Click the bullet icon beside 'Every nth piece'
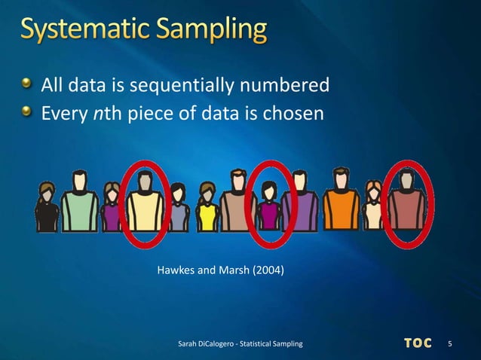tap(28, 112)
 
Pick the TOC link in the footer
tap(418, 343)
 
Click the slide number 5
tap(450, 344)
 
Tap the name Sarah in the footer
tap(188, 344)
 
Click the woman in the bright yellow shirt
tap(207, 211)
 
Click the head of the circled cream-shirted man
tap(145, 179)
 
